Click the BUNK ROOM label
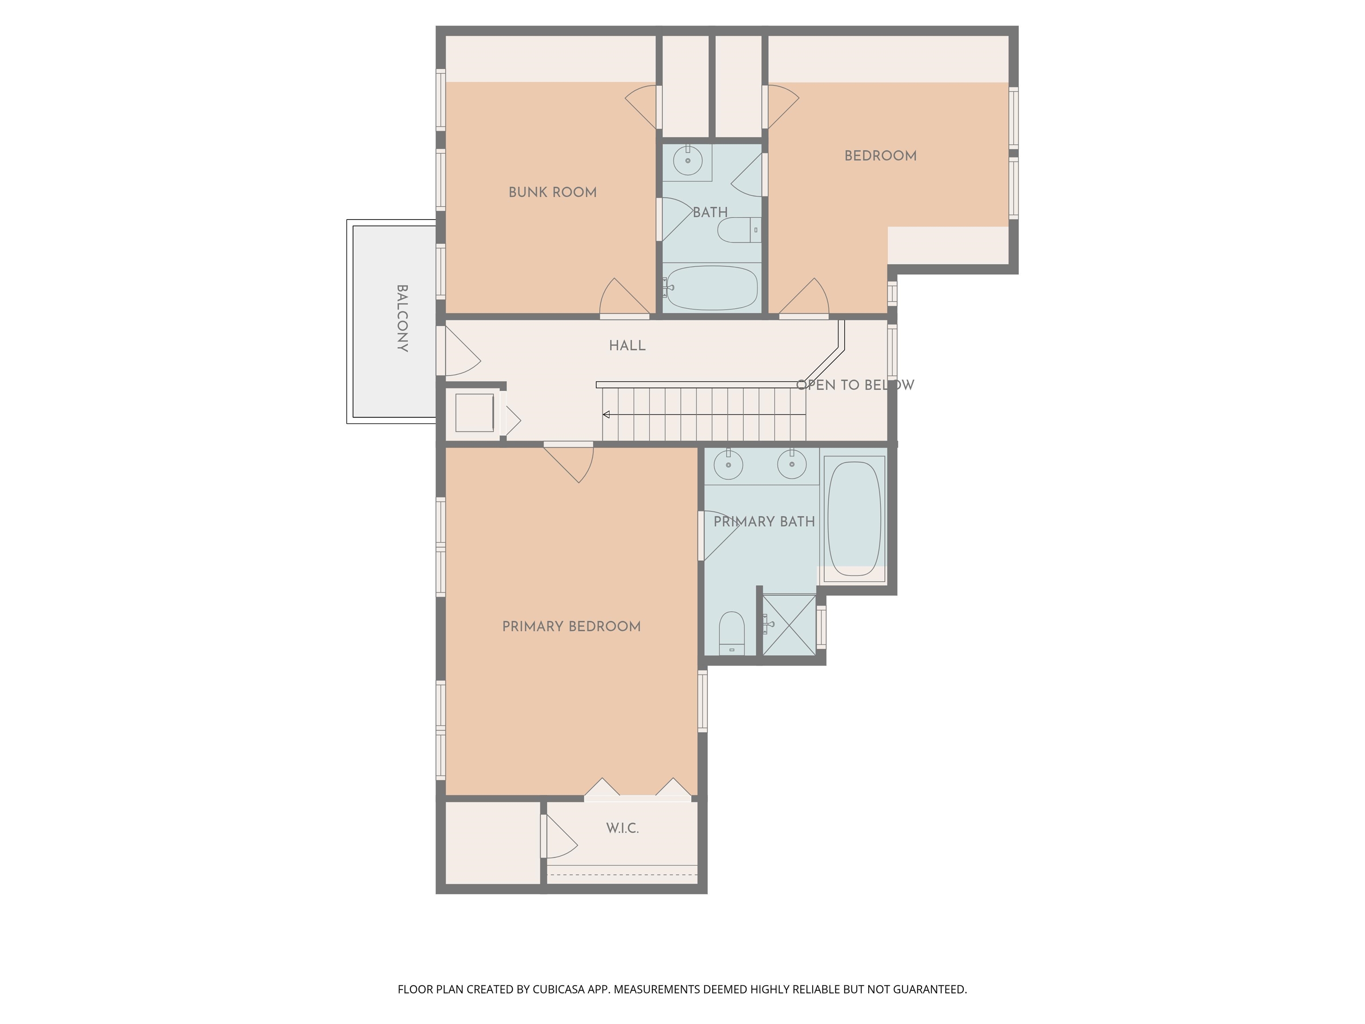coord(552,192)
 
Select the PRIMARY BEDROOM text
coord(571,627)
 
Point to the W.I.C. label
coord(622,828)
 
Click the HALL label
coord(627,346)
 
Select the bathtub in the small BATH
coord(711,288)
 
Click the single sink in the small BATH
coord(687,160)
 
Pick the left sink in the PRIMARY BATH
coord(728,465)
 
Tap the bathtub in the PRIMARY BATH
coord(854,519)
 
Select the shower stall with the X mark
coord(789,624)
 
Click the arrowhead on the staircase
coord(607,415)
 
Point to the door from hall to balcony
coord(460,352)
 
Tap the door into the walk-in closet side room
coord(559,836)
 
